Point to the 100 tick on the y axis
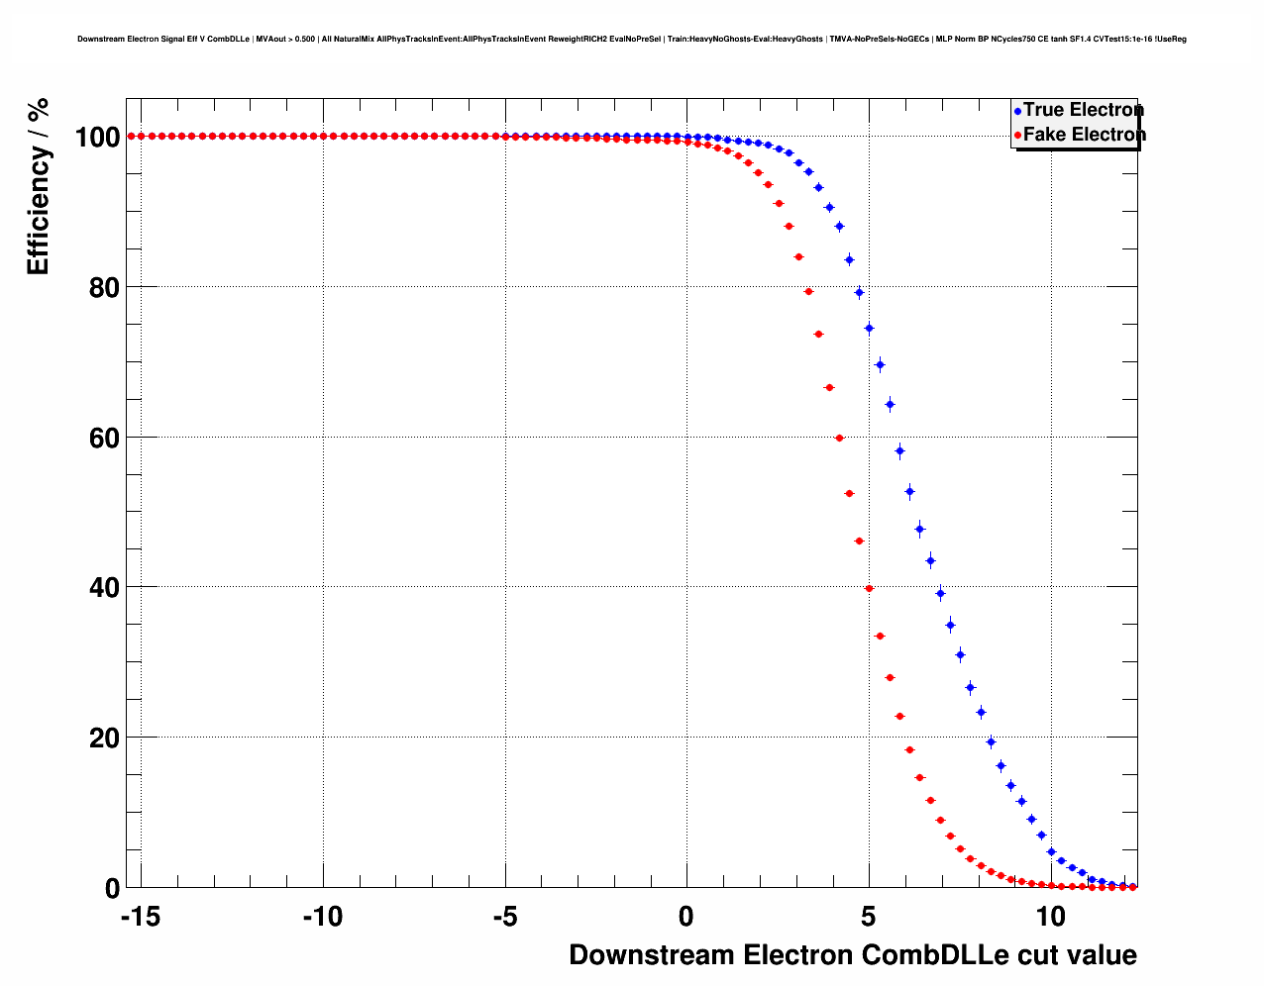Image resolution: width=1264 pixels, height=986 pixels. [98, 137]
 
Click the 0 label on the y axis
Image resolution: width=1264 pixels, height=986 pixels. [112, 889]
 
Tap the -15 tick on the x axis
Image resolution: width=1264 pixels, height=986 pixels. [140, 917]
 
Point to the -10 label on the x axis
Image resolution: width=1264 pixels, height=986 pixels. [322, 917]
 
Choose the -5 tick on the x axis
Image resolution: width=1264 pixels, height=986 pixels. [504, 917]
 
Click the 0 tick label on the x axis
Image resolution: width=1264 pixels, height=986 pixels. [686, 917]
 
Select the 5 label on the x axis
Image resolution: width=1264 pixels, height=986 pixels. [869, 917]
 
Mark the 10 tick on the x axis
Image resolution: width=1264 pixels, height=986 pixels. [1051, 917]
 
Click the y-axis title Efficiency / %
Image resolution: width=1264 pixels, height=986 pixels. [38, 185]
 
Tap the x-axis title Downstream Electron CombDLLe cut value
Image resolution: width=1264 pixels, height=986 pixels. [853, 955]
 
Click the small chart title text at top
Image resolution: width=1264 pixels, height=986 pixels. [632, 40]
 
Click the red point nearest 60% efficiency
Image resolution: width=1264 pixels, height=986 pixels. [839, 438]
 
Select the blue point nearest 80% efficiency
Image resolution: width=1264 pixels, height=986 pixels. [859, 292]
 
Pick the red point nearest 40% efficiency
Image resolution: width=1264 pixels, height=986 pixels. [869, 588]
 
